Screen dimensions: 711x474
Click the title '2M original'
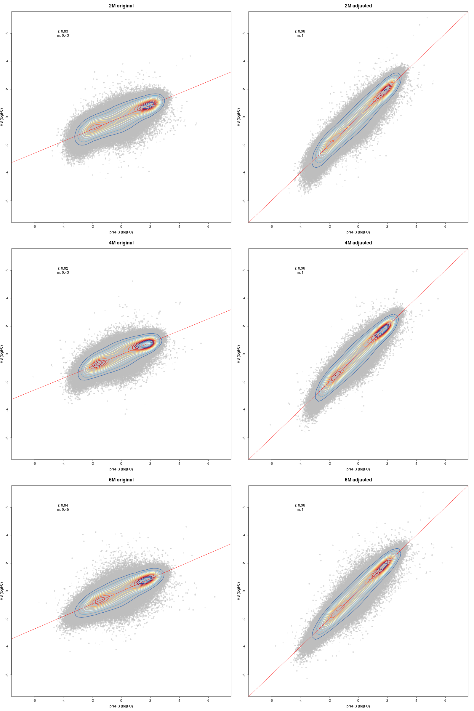(x=121, y=6)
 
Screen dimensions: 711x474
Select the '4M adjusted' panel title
(x=358, y=243)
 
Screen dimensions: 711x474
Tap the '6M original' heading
(x=121, y=480)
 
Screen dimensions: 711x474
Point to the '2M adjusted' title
(x=358, y=6)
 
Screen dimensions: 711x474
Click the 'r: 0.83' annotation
(x=63, y=31)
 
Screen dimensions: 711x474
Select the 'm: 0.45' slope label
(x=63, y=509)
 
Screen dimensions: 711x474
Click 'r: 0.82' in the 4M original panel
(x=63, y=268)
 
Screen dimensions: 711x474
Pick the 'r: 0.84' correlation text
(x=63, y=505)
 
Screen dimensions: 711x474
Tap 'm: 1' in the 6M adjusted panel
(x=300, y=509)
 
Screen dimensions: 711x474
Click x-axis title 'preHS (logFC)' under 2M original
(x=121, y=232)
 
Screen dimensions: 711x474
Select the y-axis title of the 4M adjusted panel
(x=238, y=354)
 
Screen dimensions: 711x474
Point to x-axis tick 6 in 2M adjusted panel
(x=445, y=226)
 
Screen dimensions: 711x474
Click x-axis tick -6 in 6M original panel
(x=34, y=700)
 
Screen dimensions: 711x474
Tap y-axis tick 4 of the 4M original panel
(x=7, y=298)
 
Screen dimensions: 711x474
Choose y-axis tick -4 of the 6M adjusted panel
(x=244, y=647)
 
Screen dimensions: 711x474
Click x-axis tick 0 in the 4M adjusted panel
(x=358, y=463)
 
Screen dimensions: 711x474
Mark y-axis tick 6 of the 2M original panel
(x=7, y=33)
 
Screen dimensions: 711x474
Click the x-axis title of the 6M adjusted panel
(x=358, y=706)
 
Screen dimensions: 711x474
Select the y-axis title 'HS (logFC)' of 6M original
(x=1, y=591)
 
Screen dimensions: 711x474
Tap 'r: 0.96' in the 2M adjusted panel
(x=300, y=31)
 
